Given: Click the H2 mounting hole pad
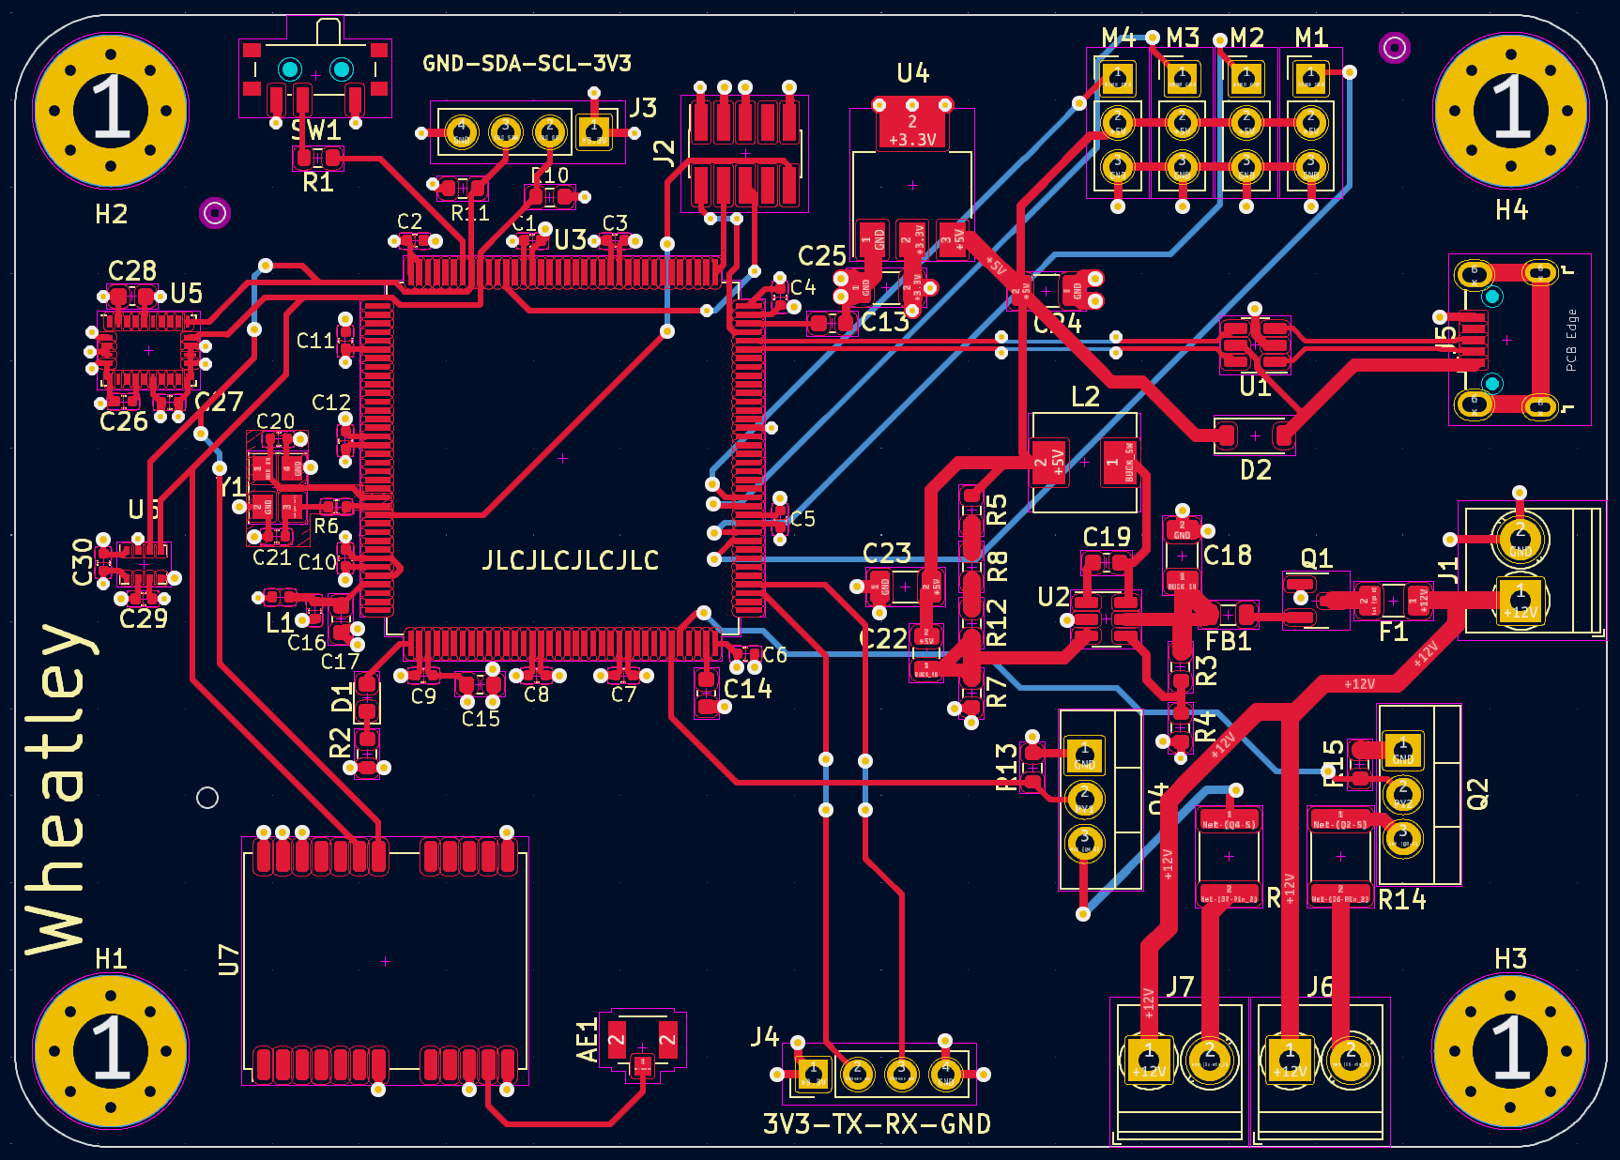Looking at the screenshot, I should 111,110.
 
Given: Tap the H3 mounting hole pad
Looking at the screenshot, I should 1510,1048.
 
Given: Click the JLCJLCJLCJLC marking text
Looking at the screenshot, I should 570,560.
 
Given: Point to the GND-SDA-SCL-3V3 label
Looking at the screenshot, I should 527,64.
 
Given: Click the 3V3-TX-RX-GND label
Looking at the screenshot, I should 877,1123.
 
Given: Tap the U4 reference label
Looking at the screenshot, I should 912,73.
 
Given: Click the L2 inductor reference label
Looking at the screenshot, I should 1085,396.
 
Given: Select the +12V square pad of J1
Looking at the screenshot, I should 1520,600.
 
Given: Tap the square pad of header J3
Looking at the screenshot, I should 593,130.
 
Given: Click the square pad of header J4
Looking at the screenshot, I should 813,1074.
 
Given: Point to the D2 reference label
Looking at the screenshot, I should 1256,469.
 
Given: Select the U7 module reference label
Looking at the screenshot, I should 229,960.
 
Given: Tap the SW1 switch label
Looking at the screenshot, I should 315,130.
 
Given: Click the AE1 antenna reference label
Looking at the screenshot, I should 587,1041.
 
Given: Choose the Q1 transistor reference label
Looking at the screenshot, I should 1316,558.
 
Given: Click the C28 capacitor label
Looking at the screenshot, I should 131,270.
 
